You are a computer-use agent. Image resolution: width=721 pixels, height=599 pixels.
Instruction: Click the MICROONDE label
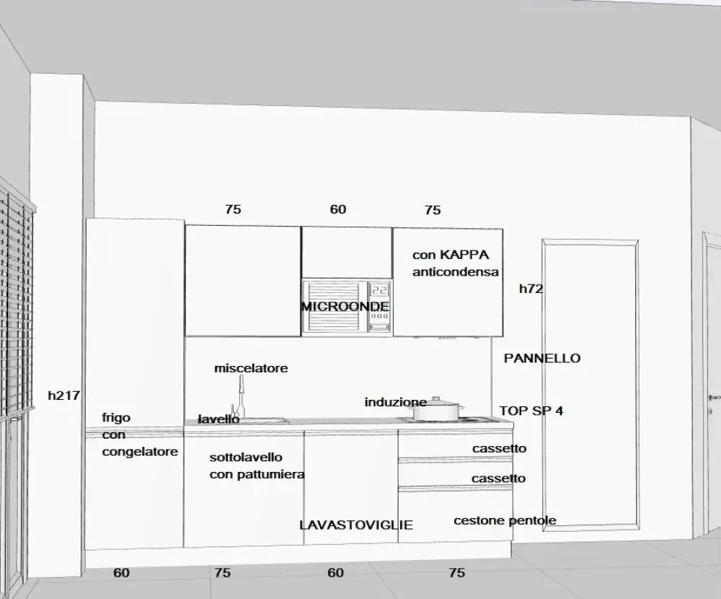coord(345,307)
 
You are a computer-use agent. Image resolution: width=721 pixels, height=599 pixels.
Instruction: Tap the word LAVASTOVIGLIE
coord(356,525)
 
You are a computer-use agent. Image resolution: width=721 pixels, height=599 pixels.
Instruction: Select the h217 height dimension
coord(63,395)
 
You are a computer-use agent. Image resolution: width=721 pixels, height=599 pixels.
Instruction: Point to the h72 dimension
coord(531,289)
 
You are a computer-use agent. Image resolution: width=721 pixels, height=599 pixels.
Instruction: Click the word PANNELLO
coord(541,358)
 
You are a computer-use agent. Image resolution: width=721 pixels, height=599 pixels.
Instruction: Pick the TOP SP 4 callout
coord(531,411)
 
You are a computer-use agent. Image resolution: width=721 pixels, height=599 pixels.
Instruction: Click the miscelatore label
coord(251,368)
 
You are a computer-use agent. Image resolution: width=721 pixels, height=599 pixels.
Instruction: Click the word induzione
coord(396,402)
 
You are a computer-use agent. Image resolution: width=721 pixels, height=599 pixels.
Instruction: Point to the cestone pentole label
coord(505,520)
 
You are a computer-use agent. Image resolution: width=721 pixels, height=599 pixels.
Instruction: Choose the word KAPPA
coord(464,255)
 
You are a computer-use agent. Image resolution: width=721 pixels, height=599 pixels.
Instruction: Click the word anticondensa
coord(456,272)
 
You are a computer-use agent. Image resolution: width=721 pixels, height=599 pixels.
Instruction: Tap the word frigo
coord(116,418)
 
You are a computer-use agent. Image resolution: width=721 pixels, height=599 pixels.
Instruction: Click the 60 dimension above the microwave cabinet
coord(338,209)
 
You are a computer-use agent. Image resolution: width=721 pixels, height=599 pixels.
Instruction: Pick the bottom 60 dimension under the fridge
coord(122,573)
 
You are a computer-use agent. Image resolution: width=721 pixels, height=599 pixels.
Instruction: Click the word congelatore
coord(140,452)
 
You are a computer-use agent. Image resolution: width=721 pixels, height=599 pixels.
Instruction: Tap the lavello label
coord(218,419)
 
